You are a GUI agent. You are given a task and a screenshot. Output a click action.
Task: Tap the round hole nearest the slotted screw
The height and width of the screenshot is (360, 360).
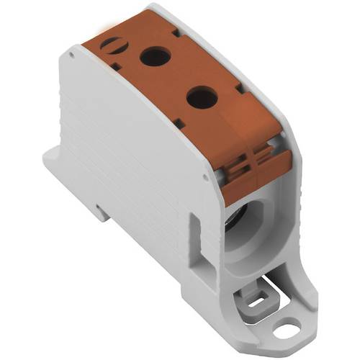click(153, 56)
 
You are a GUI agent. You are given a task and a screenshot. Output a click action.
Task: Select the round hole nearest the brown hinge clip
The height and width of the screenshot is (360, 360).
click(202, 96)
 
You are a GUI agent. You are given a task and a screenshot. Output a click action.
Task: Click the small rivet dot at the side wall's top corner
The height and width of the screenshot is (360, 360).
click(72, 52)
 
